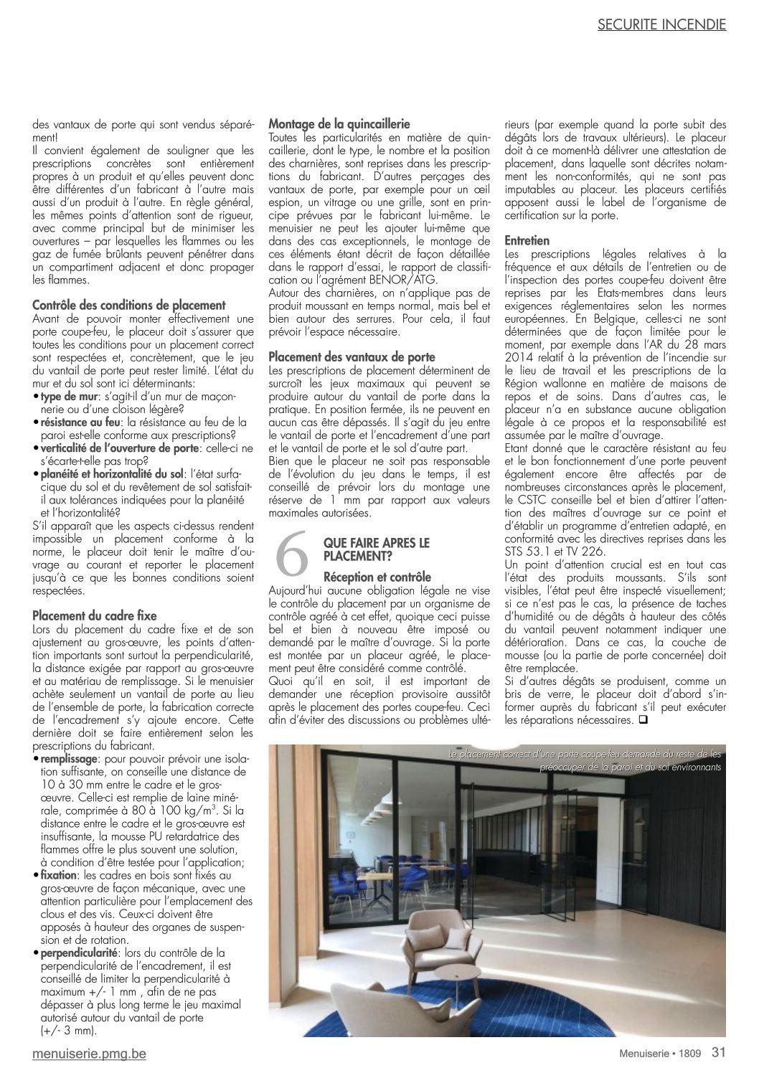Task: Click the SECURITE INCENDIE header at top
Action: (661, 24)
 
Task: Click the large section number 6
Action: (292, 555)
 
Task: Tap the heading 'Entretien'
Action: (527, 240)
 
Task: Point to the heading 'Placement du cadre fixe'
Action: (95, 615)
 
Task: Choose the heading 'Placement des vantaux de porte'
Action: (352, 356)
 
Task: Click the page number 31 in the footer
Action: (719, 1053)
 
